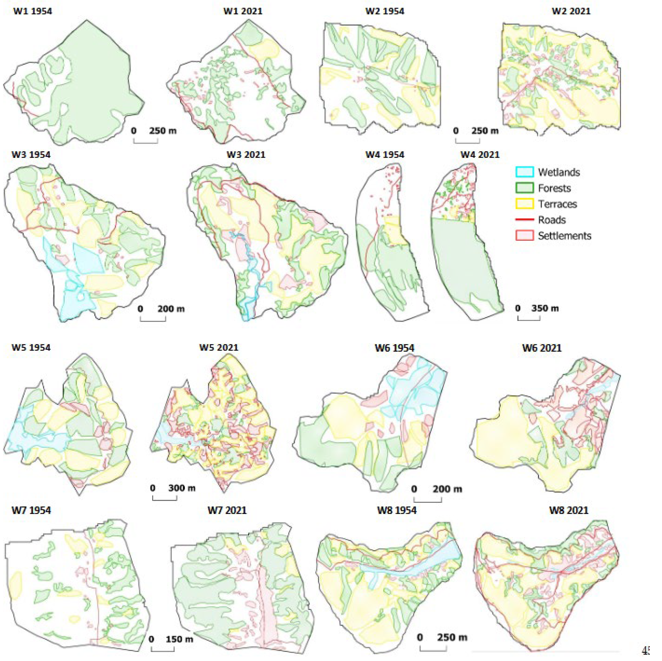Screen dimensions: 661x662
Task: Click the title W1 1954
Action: [33, 11]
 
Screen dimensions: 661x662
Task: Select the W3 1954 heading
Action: [31, 155]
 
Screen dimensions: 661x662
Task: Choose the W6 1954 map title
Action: [394, 348]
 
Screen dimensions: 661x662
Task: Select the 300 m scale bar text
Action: [182, 488]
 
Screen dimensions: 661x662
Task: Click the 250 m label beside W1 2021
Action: [162, 131]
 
